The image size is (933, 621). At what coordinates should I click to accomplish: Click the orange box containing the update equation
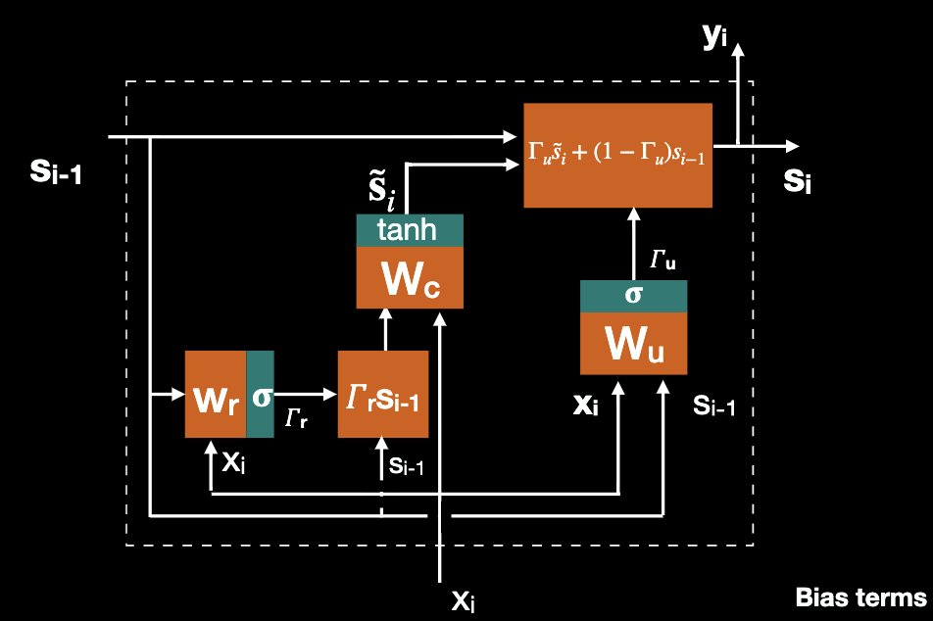point(617,155)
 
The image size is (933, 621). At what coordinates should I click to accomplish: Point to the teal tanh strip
point(409,230)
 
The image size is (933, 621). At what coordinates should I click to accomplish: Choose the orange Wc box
point(409,278)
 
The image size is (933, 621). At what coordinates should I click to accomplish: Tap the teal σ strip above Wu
point(633,296)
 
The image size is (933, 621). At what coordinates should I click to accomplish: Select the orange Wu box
point(633,344)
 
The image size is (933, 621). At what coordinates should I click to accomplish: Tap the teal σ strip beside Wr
point(261,395)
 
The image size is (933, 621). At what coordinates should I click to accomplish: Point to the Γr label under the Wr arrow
point(296,420)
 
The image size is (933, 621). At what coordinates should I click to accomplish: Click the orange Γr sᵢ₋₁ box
point(383,395)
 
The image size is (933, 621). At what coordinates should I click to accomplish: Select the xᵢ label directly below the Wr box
point(233,462)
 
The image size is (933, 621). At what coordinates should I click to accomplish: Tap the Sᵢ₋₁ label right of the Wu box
point(713,405)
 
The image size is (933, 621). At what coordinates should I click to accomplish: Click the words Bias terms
point(859,597)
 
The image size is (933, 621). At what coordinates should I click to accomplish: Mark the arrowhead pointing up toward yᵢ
point(739,47)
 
